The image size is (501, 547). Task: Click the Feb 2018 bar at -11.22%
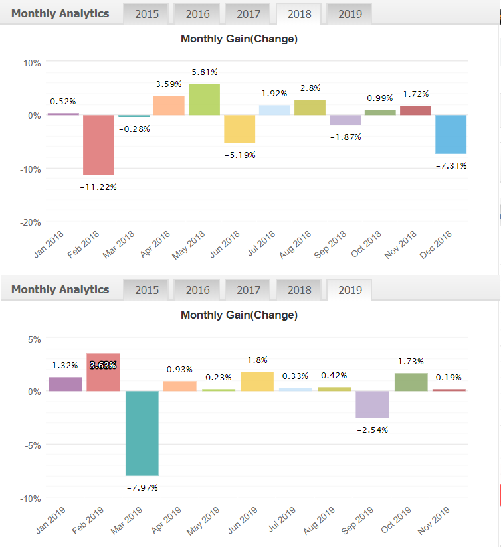click(x=98, y=145)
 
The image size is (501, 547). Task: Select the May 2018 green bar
click(x=204, y=100)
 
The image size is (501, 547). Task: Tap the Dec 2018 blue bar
click(x=451, y=134)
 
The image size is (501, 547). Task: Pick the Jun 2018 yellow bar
click(x=239, y=129)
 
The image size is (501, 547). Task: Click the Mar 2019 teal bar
click(x=142, y=433)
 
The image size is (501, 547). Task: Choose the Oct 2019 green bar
click(x=411, y=382)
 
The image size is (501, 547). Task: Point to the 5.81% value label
click(x=205, y=72)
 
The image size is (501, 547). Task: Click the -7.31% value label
click(x=451, y=165)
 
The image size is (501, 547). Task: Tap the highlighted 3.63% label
click(x=103, y=364)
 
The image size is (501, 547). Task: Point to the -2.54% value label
click(x=372, y=430)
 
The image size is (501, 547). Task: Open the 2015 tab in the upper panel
click(x=146, y=14)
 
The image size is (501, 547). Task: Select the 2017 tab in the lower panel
click(x=249, y=290)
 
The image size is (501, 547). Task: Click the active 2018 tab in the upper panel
click(x=299, y=14)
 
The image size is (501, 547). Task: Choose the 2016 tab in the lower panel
click(x=197, y=290)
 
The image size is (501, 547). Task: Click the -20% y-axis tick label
click(x=30, y=222)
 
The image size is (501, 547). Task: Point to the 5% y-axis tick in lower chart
click(x=33, y=339)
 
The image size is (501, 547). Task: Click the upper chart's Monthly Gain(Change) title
click(x=239, y=39)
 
